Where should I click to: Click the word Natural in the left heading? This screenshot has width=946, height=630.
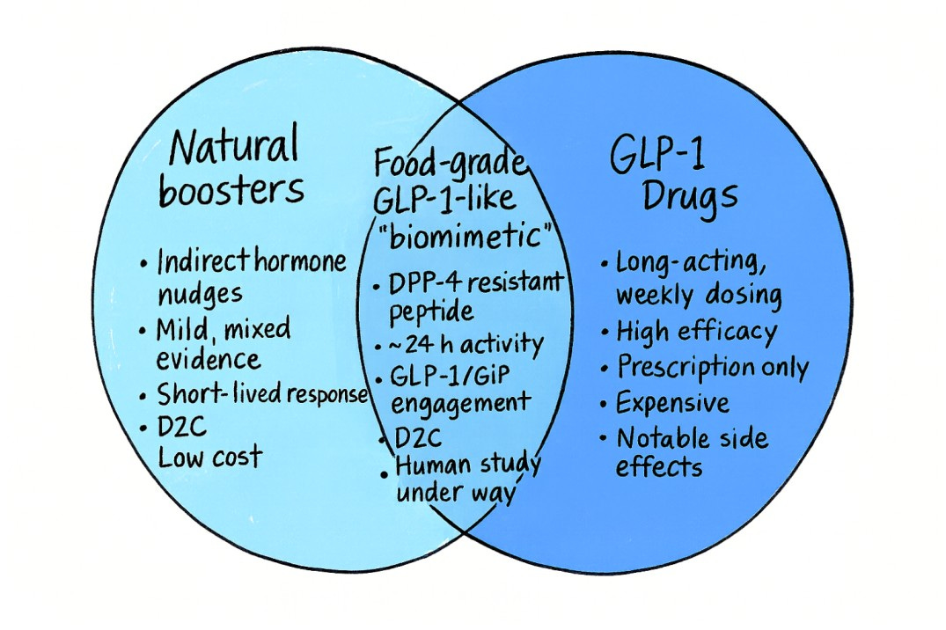[234, 147]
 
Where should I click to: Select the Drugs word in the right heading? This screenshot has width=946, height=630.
[689, 196]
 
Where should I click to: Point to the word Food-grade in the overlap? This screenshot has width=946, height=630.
[450, 163]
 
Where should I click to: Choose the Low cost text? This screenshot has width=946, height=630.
[209, 456]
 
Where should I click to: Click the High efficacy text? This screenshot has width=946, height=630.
[696, 332]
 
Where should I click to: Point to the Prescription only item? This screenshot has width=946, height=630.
[711, 367]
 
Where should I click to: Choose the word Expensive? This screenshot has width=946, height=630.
[672, 403]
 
